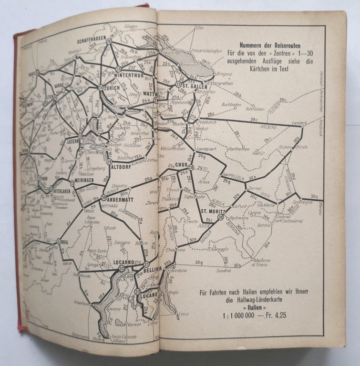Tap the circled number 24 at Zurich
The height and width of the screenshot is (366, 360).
pyautogui.click(x=101, y=88)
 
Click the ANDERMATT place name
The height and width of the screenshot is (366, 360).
pyautogui.click(x=120, y=200)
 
